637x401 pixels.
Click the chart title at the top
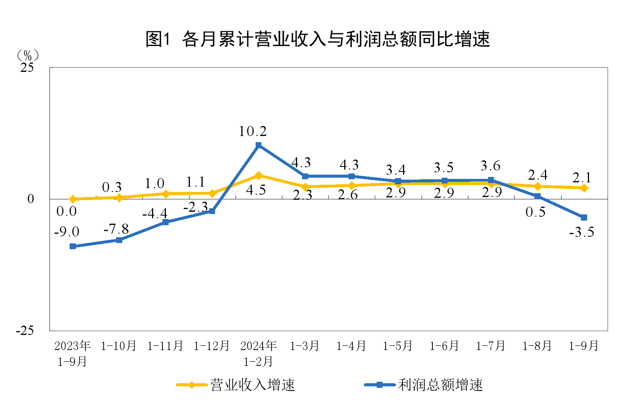(x=318, y=39)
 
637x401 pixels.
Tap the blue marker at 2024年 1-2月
(x=258, y=145)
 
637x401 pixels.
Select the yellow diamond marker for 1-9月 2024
(x=584, y=188)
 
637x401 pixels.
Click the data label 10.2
(x=253, y=131)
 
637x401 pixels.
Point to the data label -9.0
(x=67, y=232)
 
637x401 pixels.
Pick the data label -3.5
(x=581, y=232)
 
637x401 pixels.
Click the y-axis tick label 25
(x=27, y=68)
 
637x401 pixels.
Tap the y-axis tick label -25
(x=25, y=331)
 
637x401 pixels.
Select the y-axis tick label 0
(x=31, y=199)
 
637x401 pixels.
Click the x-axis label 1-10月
(x=119, y=346)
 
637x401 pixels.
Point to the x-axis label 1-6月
(x=444, y=346)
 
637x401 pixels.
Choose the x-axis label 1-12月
(x=212, y=346)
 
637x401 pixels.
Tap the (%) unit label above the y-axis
(x=27, y=55)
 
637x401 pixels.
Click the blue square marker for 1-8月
(x=537, y=197)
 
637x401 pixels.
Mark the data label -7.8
(x=116, y=229)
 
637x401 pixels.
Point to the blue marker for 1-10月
(x=119, y=240)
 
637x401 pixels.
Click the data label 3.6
(x=490, y=166)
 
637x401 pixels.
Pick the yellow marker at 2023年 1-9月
(x=73, y=199)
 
